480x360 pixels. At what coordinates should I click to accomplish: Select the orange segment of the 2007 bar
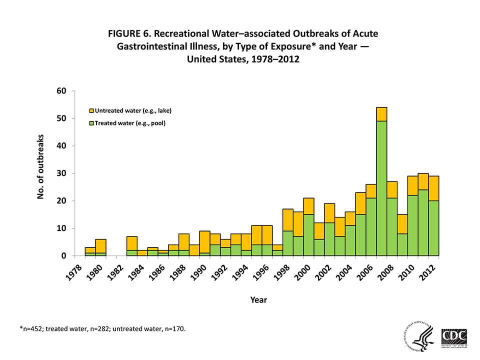381,114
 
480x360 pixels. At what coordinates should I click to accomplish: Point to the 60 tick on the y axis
61,91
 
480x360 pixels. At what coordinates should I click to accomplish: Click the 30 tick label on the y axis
61,173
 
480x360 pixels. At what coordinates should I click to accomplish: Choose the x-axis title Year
258,300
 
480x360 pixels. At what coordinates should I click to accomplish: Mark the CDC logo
454,336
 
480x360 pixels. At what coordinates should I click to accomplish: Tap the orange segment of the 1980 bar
100,245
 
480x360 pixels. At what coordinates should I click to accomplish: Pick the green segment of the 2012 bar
433,228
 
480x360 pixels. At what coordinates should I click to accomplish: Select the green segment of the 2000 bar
308,235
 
